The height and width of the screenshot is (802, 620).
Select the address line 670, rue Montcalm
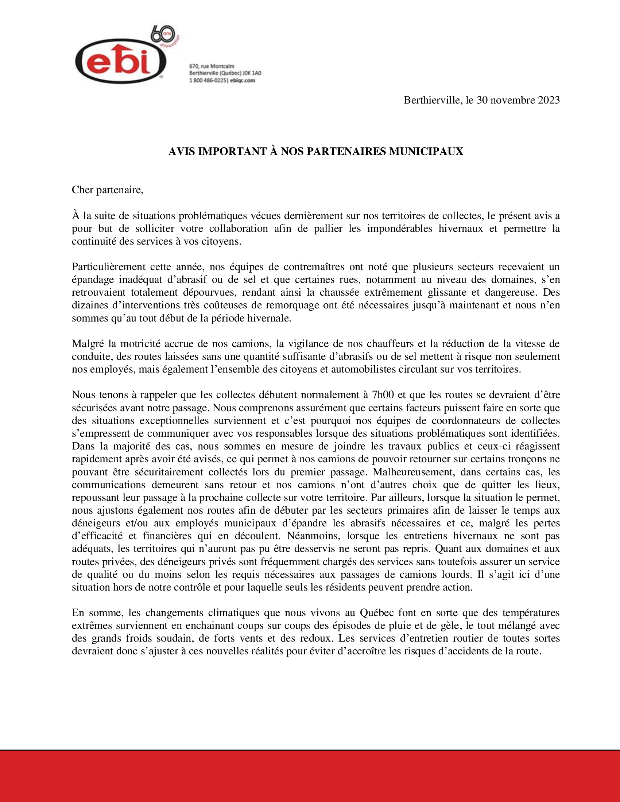click(x=212, y=66)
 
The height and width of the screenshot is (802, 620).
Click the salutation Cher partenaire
click(x=107, y=190)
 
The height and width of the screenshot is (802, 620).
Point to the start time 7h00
click(x=383, y=395)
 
